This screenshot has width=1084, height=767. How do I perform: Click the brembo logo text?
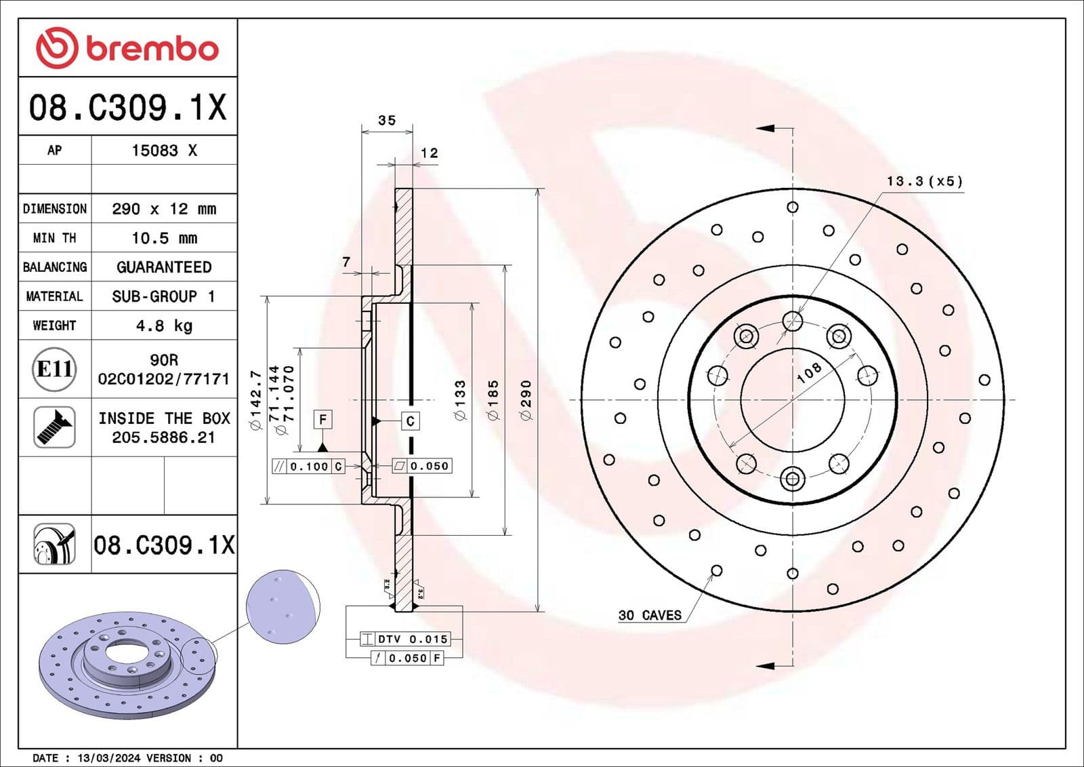[152, 49]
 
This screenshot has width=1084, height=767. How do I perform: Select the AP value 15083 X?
[164, 151]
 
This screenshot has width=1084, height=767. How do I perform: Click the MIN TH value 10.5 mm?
[164, 238]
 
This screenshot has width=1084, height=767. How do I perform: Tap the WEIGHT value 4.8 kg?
[164, 326]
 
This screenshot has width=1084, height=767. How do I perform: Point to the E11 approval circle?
[54, 369]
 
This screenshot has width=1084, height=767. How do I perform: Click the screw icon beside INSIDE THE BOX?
[54, 427]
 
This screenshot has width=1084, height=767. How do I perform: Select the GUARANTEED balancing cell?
[164, 267]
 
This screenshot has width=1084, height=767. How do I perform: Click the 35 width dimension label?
[387, 121]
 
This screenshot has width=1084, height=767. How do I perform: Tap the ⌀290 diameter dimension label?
[526, 399]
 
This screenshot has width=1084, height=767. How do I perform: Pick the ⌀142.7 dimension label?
[256, 400]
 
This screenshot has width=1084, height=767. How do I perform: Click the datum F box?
[322, 420]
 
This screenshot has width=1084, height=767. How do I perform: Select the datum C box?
[410, 421]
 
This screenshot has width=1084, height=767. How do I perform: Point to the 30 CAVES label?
[650, 615]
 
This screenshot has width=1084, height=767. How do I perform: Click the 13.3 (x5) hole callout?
[924, 181]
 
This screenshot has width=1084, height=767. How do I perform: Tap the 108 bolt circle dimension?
[809, 372]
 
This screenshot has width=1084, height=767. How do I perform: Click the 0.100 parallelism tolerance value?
[309, 467]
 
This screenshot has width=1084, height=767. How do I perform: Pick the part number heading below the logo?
[127, 107]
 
